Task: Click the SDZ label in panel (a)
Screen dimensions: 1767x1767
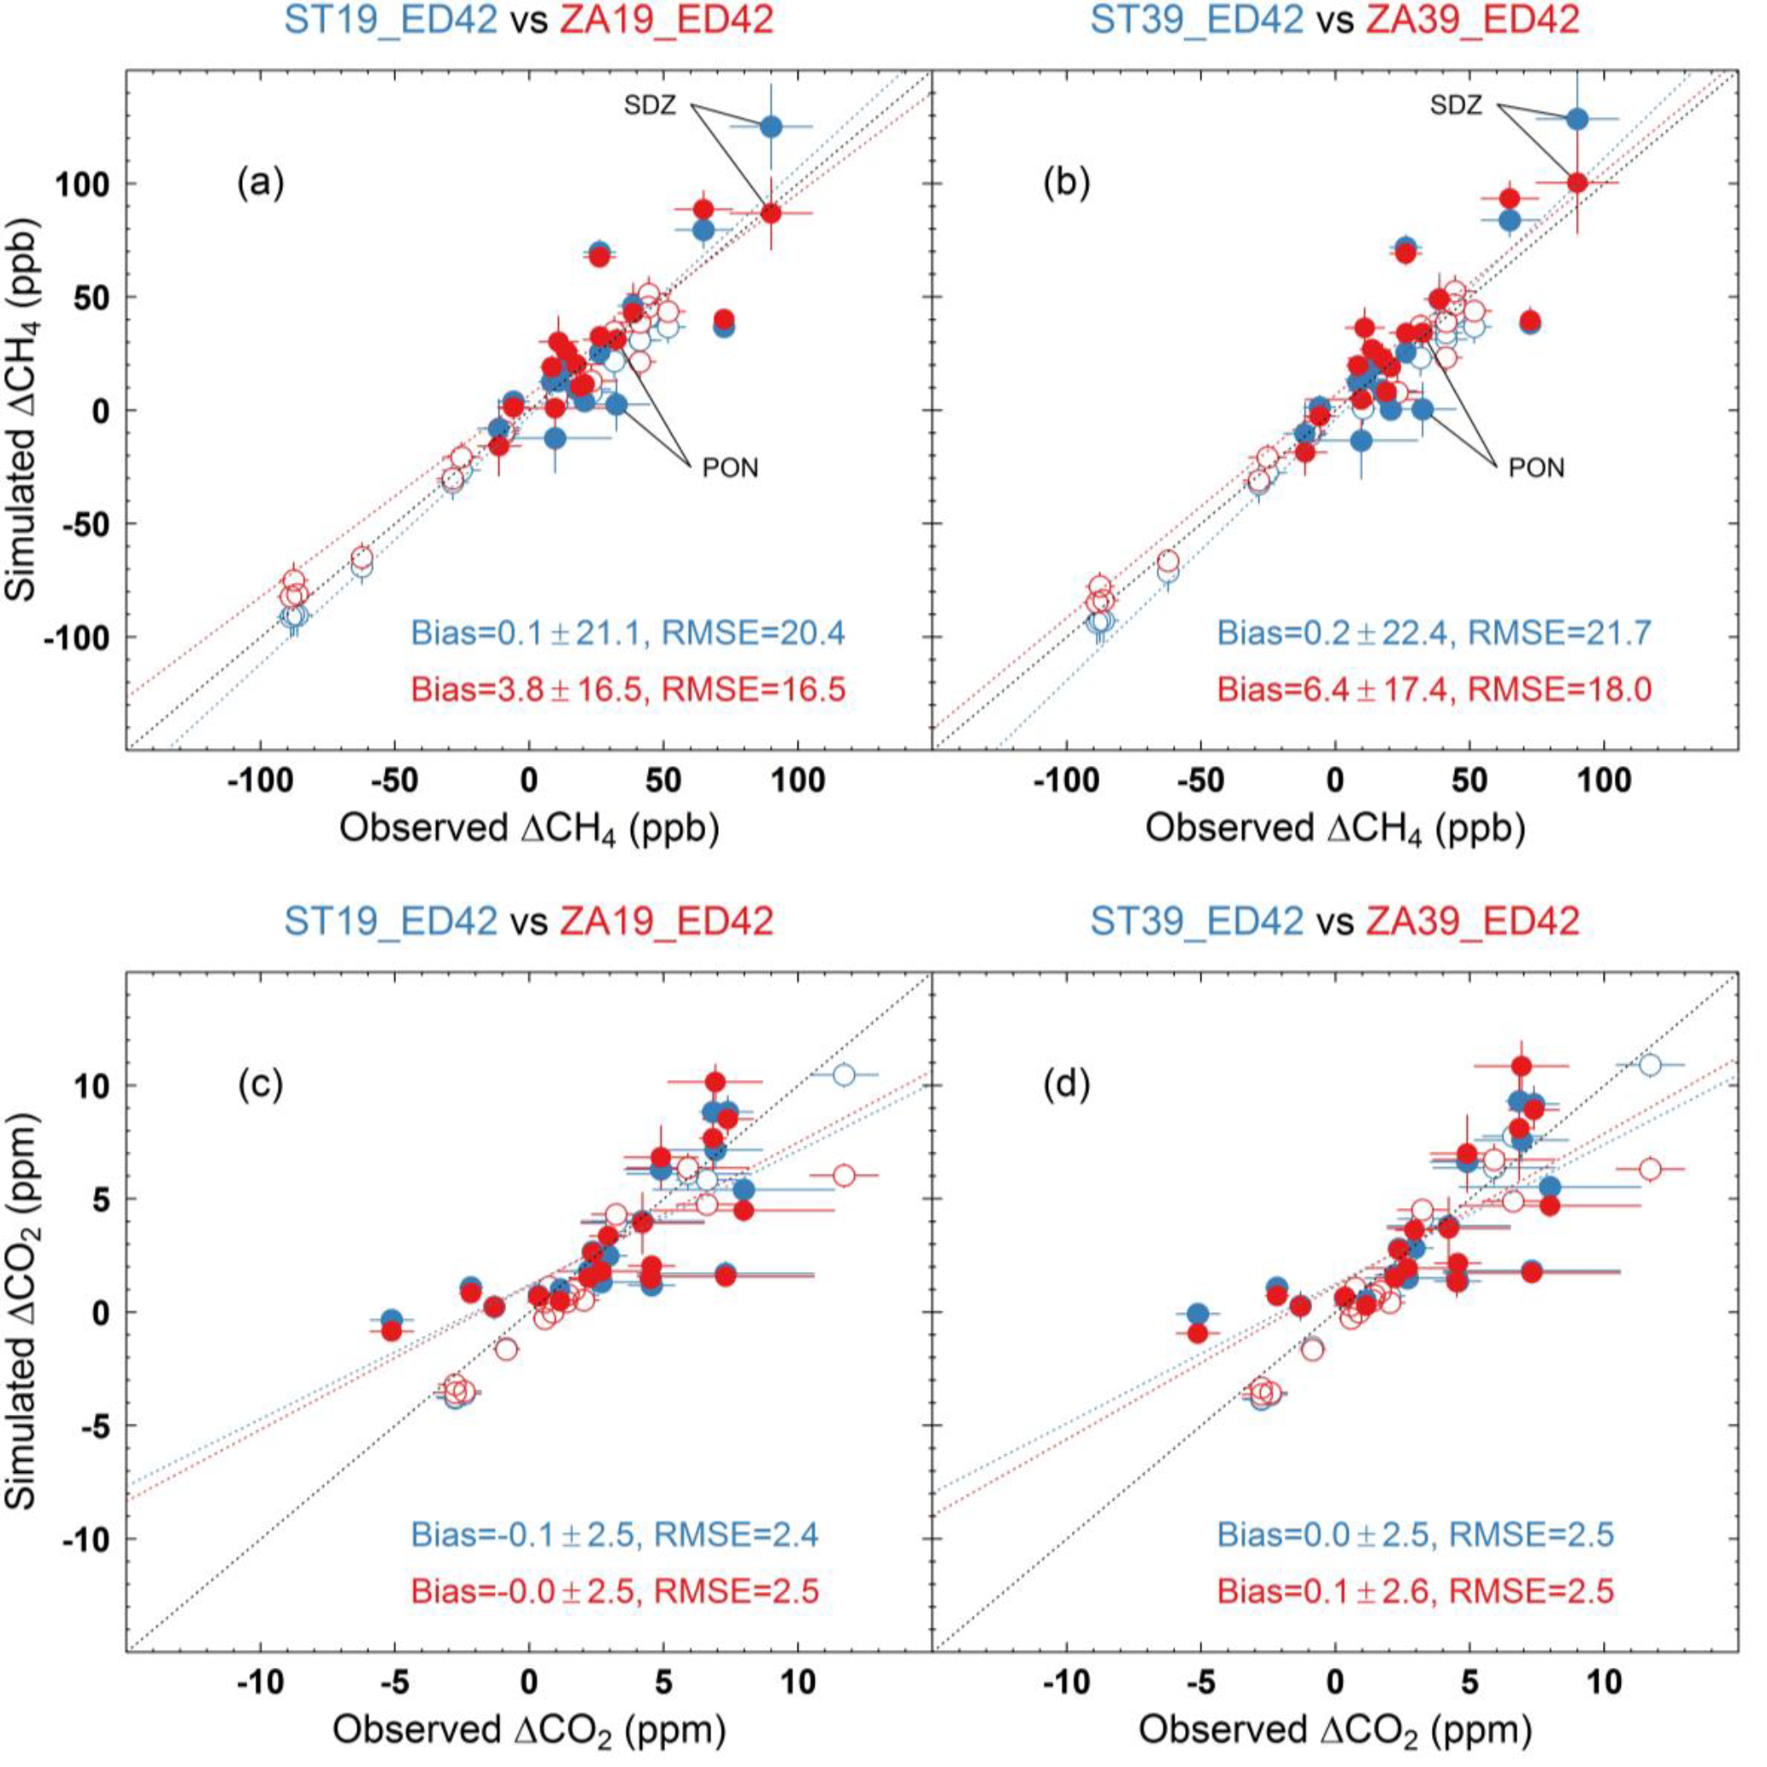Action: (x=651, y=105)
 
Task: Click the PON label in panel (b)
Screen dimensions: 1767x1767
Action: (x=1536, y=468)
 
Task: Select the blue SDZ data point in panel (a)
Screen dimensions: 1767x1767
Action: (x=771, y=127)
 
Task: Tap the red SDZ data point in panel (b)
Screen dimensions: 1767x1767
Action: (x=1576, y=183)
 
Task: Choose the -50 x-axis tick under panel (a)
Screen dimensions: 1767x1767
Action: (x=395, y=781)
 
